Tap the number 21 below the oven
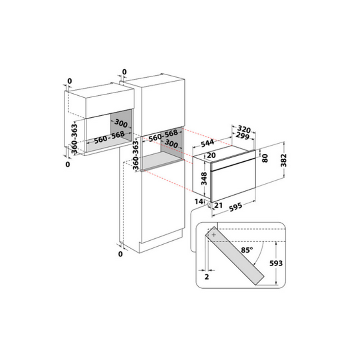pyautogui.click(x=218, y=205)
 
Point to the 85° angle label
pyautogui.click(x=247, y=250)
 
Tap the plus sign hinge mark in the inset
pyautogui.click(x=213, y=235)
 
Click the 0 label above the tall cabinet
pyautogui.click(x=124, y=72)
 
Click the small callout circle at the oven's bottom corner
pyautogui.click(x=209, y=205)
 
